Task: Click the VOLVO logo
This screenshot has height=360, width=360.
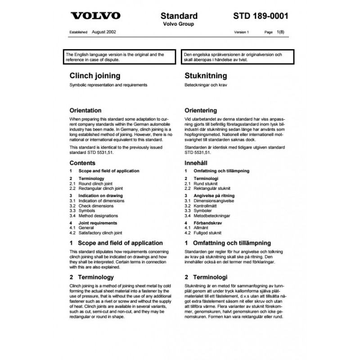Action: (95, 16)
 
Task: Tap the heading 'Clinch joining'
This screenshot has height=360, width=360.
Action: (94, 76)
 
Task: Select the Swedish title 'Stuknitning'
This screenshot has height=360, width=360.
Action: (206, 76)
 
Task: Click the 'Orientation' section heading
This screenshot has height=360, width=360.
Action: (85, 110)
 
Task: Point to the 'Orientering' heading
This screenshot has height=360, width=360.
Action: (201, 110)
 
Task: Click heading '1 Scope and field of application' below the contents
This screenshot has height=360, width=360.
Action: (116, 243)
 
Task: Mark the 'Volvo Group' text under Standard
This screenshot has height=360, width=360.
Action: (180, 24)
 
